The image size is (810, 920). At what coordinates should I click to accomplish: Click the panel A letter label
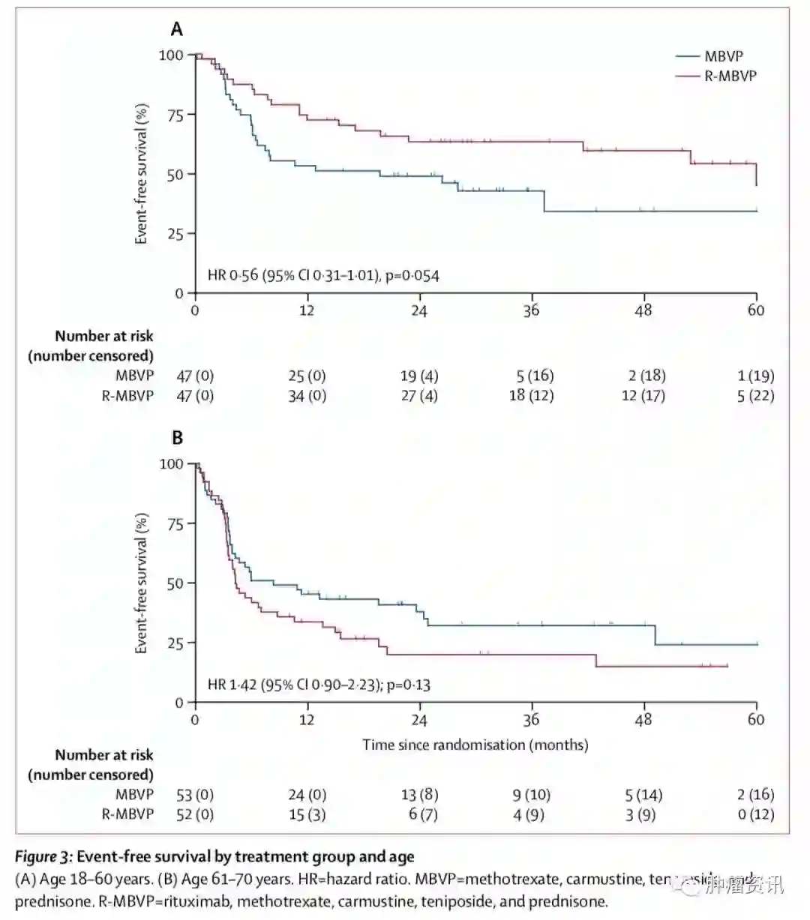pos(177,29)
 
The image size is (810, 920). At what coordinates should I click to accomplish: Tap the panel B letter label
pos(177,438)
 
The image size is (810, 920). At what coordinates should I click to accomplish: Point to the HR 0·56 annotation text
pos(323,275)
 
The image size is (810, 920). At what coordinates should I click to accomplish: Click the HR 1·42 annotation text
pos(319,685)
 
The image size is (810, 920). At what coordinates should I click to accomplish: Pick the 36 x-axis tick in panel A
pos(531,310)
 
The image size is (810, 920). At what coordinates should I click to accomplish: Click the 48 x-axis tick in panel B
pos(643,720)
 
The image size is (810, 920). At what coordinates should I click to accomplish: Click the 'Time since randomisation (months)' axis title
pos(475,745)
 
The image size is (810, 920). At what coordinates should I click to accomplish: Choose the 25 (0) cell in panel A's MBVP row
pos(307,376)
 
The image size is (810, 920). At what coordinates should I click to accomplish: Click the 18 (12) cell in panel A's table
pos(531,395)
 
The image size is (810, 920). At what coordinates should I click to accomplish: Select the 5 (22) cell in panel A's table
pos(755,395)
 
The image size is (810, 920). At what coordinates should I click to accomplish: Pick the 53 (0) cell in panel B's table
pos(194,794)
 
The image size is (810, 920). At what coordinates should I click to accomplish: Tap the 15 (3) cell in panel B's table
pos(307,814)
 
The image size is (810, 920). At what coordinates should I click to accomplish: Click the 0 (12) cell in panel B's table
pos(755,814)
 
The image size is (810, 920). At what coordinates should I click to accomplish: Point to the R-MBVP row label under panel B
pos(127,814)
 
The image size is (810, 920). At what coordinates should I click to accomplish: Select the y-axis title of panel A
pos(141,174)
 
